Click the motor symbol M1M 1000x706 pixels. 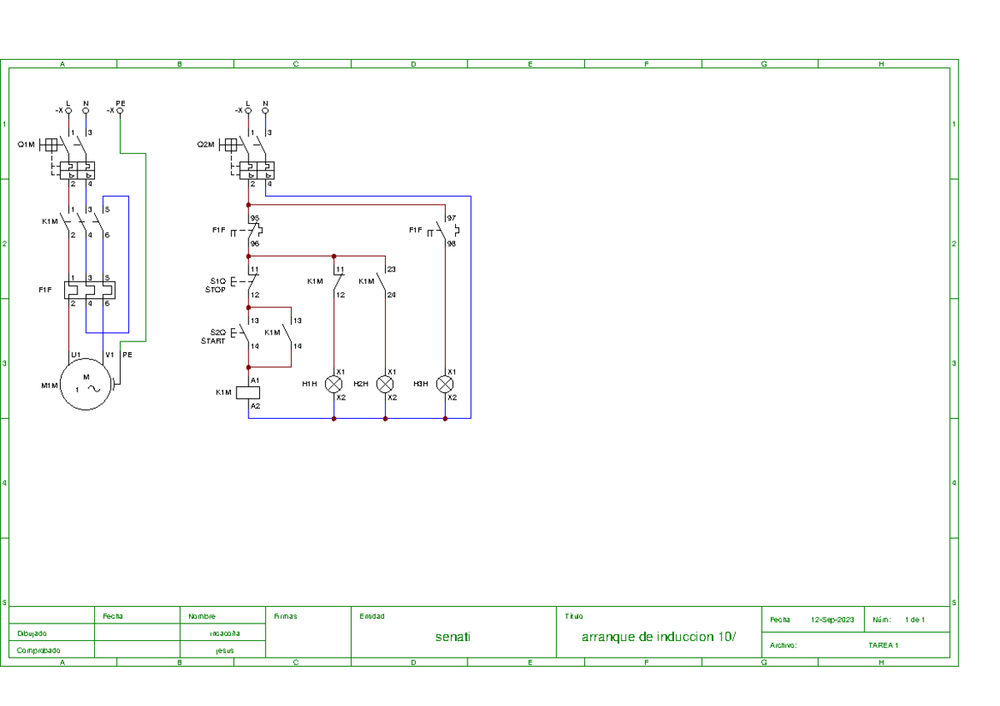tap(86, 385)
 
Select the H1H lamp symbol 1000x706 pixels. tap(334, 384)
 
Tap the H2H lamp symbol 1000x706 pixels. tap(385, 384)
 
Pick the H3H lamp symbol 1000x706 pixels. tap(445, 384)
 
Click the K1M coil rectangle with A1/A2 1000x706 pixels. tap(248, 392)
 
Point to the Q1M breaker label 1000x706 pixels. tap(27, 144)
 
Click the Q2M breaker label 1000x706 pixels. tap(206, 144)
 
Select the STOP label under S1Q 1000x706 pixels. tap(215, 290)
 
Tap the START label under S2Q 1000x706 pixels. tap(213, 341)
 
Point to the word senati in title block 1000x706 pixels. tap(452, 637)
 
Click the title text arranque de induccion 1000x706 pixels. tap(658, 637)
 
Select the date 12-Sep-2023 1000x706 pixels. tap(832, 620)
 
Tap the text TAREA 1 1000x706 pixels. tap(882, 645)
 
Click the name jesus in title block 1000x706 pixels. tap(224, 649)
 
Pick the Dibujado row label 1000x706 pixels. tap(32, 634)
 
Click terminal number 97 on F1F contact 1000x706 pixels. tap(452, 218)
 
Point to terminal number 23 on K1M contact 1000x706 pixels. tap(391, 269)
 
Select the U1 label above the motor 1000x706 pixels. tap(75, 355)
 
